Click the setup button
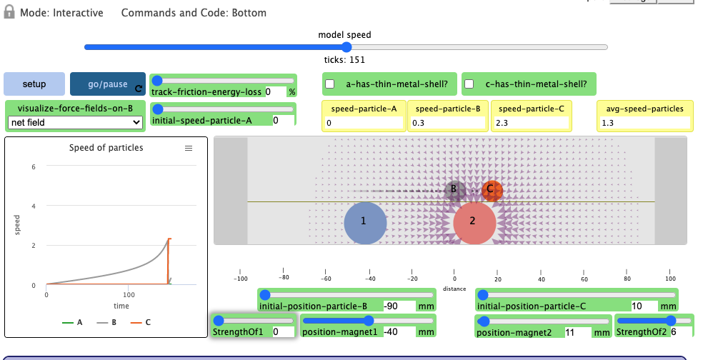coord(34,84)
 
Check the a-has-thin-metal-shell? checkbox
coord(330,84)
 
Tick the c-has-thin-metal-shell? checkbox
coord(469,84)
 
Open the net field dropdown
coord(75,123)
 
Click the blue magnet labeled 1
coord(364,222)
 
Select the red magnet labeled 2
coord(474,222)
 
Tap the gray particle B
coord(452,191)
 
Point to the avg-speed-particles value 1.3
coord(644,123)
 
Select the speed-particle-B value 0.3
coord(449,123)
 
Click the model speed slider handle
coord(346,47)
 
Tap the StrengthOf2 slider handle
coord(670,321)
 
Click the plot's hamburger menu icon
coord(189,148)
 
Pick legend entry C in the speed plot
coord(142,322)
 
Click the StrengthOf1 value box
coord(281,332)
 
